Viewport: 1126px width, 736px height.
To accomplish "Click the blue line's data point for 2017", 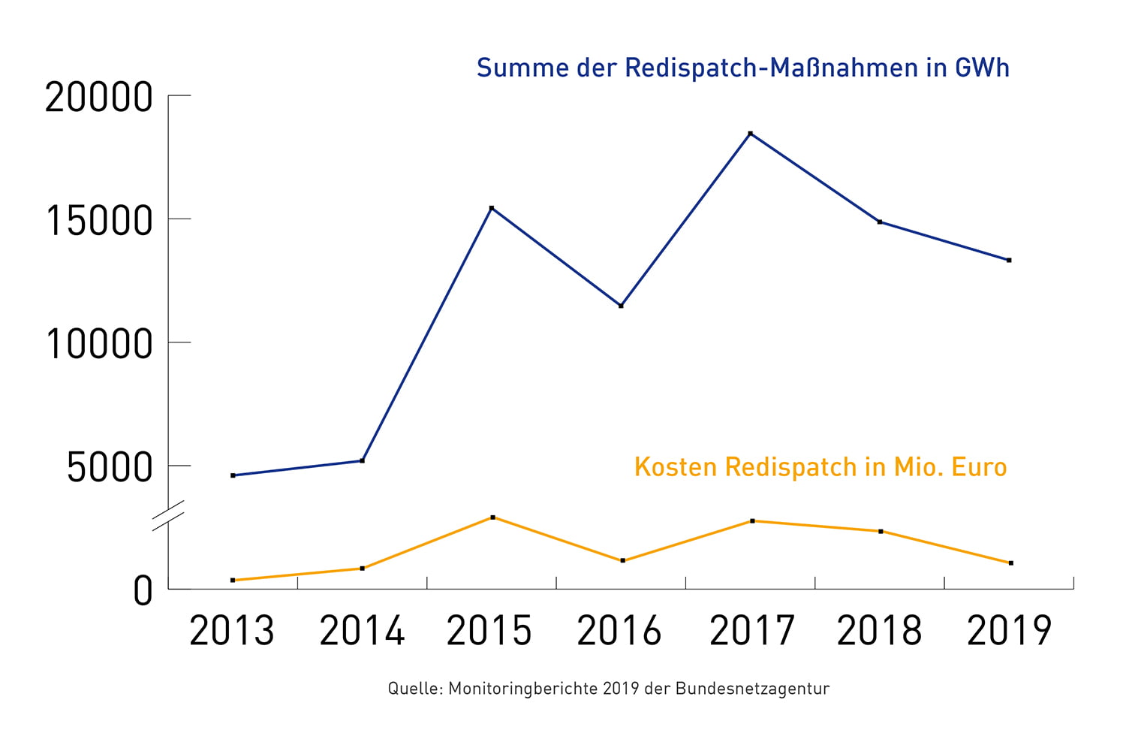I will [750, 134].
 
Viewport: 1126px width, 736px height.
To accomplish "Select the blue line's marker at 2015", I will [492, 208].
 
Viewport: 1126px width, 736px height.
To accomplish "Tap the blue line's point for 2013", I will [233, 475].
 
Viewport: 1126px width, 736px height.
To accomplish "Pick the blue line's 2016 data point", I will [621, 306].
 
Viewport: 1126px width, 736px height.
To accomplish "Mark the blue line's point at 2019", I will [1009, 261].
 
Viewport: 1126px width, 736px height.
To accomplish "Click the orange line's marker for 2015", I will [492, 517].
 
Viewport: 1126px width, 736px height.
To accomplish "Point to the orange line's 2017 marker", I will [752, 520].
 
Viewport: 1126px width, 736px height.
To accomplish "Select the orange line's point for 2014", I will [363, 569].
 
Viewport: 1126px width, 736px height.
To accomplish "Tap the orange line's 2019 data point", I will [1011, 563].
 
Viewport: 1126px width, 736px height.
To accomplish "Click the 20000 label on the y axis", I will [99, 98].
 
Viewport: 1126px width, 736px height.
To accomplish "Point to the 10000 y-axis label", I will [99, 345].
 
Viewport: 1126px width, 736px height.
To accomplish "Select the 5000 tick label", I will [110, 468].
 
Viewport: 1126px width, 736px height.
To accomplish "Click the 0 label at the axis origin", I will [143, 591].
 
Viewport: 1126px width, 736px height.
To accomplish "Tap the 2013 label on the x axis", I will [232, 631].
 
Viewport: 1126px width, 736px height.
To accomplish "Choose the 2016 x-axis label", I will [619, 631].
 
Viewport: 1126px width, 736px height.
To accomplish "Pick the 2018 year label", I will [879, 631].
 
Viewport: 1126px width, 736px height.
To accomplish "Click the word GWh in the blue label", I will [982, 68].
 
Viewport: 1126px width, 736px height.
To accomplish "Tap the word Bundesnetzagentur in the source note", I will [752, 688].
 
